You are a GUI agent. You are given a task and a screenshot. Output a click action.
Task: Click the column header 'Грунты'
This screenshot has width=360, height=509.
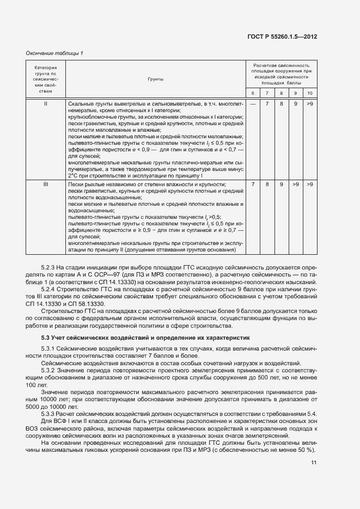(155, 79)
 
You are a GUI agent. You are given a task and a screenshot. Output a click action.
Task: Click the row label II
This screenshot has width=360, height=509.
(46, 103)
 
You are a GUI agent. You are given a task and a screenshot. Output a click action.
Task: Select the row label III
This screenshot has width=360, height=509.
(46, 185)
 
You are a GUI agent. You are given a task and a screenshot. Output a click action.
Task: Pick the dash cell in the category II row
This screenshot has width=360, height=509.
(253, 103)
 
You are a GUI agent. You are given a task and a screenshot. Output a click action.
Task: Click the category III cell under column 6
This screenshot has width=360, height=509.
(253, 185)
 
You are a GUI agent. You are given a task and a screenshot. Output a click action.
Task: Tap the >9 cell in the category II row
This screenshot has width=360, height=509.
(310, 103)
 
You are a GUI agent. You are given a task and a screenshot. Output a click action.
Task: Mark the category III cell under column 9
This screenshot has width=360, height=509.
(296, 185)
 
